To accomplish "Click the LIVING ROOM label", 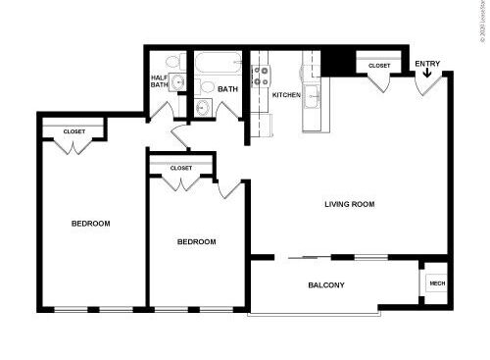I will (x=350, y=204).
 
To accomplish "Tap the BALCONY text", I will (x=325, y=285).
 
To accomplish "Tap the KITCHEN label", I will (x=286, y=95).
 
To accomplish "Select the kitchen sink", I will (x=314, y=96).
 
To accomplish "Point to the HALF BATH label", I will (x=160, y=80).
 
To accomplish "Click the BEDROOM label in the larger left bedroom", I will (x=91, y=224).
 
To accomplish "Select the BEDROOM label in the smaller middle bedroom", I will (x=196, y=241).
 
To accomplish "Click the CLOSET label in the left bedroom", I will (x=73, y=131).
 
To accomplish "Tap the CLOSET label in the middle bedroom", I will (x=180, y=168).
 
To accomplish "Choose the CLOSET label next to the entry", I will (x=379, y=66).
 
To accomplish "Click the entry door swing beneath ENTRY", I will (x=423, y=87).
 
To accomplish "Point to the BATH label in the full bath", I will (x=227, y=89).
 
